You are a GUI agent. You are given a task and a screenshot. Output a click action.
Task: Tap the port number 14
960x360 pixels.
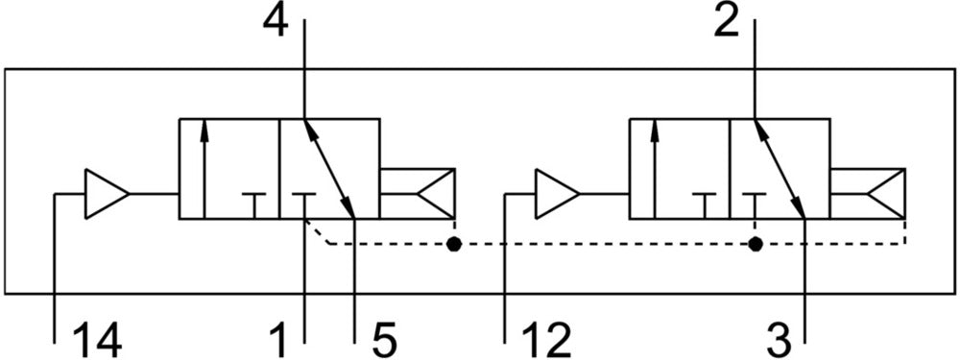click(x=97, y=341)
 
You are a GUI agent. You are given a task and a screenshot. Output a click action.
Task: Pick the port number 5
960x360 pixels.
click(x=383, y=341)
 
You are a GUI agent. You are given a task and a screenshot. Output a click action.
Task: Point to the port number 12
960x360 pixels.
click(x=546, y=341)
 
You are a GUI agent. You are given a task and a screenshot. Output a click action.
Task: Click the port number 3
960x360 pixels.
click(x=779, y=341)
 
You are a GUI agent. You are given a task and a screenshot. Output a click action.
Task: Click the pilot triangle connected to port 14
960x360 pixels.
click(x=107, y=194)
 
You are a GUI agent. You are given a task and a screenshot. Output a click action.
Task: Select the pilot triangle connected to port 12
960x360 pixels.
click(x=557, y=194)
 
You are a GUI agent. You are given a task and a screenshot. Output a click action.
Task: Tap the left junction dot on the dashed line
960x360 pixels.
click(x=454, y=244)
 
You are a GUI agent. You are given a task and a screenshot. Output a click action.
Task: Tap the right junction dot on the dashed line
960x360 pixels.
click(x=756, y=244)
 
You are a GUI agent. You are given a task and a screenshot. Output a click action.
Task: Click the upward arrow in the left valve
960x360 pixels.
click(x=204, y=168)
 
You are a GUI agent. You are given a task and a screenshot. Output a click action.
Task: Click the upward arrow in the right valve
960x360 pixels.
click(x=655, y=168)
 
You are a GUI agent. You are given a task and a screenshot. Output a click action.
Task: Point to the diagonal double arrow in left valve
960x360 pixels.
click(x=329, y=168)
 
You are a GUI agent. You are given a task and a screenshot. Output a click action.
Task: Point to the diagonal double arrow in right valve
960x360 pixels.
click(x=780, y=168)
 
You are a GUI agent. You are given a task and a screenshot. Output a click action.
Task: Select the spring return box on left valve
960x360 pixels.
click(x=418, y=194)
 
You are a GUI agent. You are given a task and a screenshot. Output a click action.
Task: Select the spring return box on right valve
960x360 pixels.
click(x=868, y=194)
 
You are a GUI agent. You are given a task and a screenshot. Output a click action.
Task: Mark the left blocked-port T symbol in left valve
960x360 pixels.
click(x=254, y=205)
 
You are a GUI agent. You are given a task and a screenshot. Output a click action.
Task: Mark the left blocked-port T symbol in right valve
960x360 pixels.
click(x=705, y=205)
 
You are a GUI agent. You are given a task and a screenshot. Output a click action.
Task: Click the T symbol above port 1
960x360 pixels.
click(x=303, y=205)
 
